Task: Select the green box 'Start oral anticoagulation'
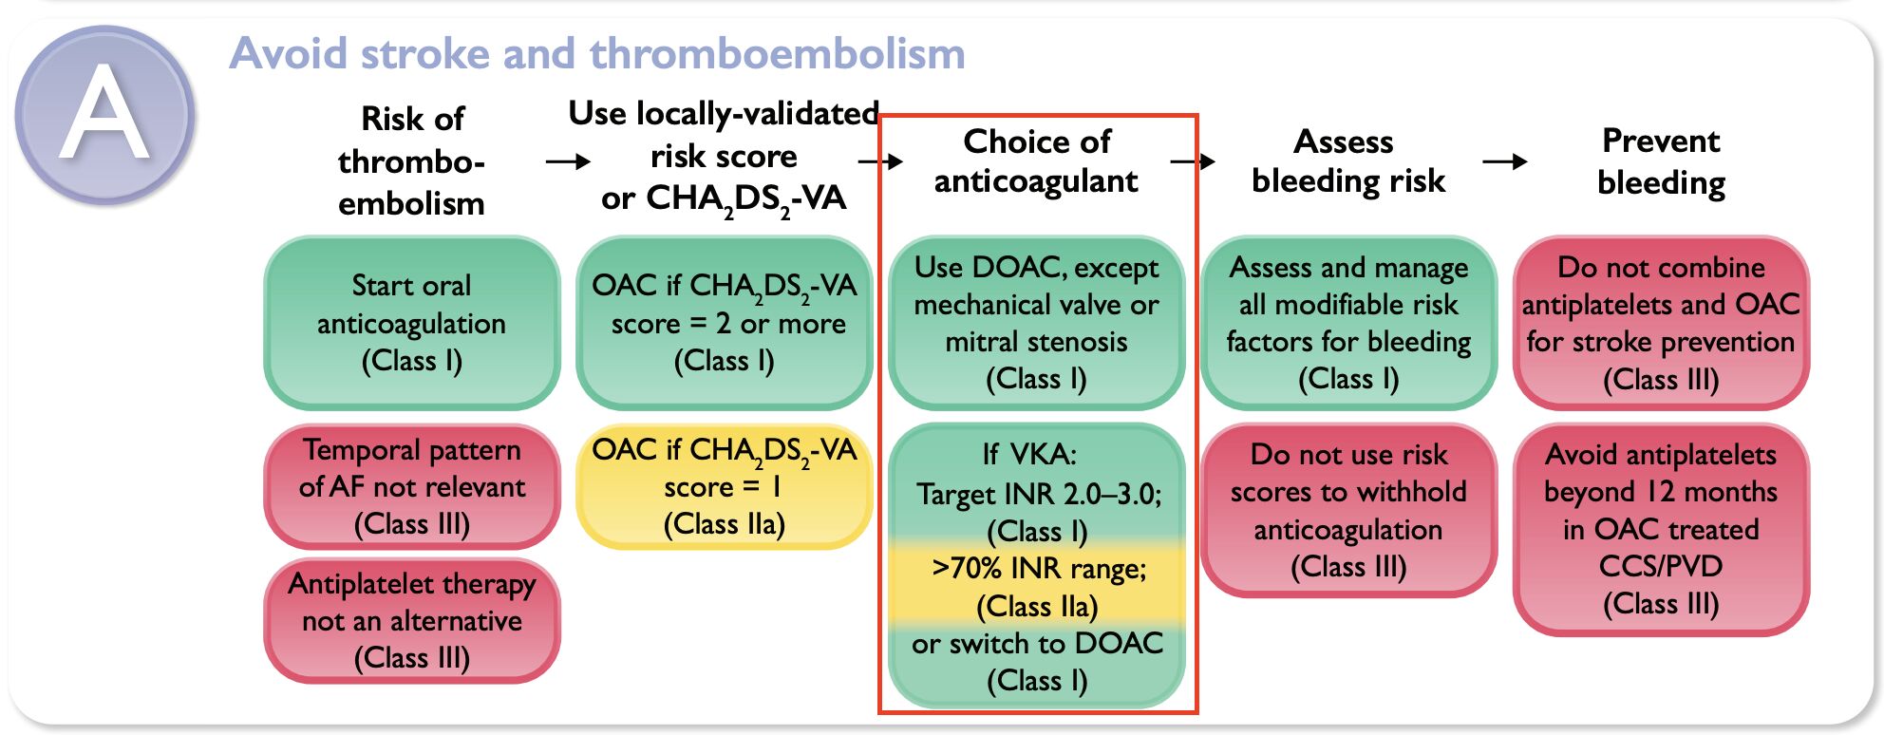point(412,323)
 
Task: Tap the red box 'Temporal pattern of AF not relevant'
point(412,486)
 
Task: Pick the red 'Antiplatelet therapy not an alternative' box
point(412,621)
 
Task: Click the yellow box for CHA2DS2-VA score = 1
point(725,486)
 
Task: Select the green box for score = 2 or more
point(725,323)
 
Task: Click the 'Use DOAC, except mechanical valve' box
point(1037,323)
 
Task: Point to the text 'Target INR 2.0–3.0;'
point(1039,494)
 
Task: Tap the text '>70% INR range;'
point(1039,568)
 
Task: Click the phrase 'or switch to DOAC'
point(1037,643)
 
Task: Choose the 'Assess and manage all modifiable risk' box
point(1349,323)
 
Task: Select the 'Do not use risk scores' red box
point(1349,510)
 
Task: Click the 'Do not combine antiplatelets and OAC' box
point(1662,323)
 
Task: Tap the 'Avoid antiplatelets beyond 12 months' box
point(1662,529)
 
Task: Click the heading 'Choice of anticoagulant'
point(1037,160)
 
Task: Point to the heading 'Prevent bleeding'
point(1662,160)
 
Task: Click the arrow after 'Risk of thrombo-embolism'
point(568,162)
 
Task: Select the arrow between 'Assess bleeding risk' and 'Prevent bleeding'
point(1505,161)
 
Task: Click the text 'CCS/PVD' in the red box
point(1661,566)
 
